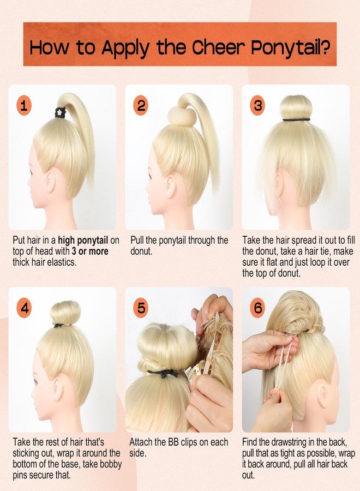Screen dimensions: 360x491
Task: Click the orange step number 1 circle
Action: tap(24, 106)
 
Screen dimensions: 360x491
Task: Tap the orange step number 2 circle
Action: tap(141, 106)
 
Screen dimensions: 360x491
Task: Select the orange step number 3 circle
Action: tap(257, 106)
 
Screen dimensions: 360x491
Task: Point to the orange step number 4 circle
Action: tap(24, 308)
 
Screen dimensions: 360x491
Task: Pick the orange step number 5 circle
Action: tap(141, 308)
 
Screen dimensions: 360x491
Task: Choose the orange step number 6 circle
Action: tap(257, 308)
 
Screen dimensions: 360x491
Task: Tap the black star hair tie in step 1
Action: tap(60, 112)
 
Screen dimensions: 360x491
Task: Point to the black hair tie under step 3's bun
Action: tap(296, 119)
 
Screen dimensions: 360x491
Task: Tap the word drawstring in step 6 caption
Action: tap(287, 442)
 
